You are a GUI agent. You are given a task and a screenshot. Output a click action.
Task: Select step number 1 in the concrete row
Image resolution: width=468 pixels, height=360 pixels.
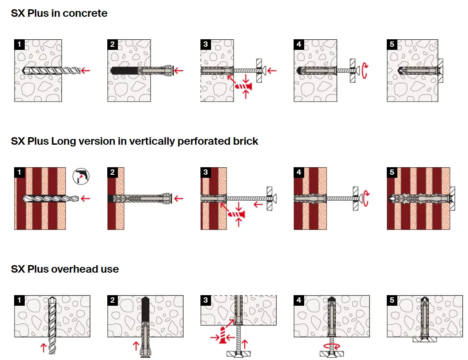[x=19, y=45]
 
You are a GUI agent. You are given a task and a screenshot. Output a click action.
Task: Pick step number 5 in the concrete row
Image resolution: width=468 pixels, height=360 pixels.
[x=392, y=45]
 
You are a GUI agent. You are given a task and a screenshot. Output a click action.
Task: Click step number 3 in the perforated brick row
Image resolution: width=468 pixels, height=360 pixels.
[x=206, y=172]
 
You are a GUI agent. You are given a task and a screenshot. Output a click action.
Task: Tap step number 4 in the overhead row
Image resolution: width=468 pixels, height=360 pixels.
[x=299, y=300]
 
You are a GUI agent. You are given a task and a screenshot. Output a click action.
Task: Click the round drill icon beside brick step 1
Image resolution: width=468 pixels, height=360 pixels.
[x=81, y=176]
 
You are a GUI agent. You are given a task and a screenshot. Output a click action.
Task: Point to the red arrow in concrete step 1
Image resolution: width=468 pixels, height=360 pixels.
[x=86, y=71]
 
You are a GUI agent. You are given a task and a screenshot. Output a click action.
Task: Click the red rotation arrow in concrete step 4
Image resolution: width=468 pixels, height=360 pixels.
[x=364, y=71]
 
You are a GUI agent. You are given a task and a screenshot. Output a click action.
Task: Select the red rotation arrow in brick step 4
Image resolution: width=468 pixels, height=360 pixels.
[x=366, y=199]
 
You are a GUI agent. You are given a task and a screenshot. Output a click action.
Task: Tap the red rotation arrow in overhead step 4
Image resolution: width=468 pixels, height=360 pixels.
[x=332, y=346]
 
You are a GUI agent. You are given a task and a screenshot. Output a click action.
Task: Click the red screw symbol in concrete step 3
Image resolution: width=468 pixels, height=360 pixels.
[x=243, y=86]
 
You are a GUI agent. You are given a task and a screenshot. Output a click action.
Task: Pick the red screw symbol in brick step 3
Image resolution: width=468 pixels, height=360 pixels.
[x=236, y=214]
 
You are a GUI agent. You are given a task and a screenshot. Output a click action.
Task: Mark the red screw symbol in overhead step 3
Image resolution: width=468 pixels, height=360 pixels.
[x=223, y=335]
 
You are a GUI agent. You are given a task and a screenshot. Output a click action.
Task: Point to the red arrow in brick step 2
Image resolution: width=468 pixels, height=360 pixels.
[x=178, y=199]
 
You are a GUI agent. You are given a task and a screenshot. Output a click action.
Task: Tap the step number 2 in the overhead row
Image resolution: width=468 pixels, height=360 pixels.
[x=113, y=300]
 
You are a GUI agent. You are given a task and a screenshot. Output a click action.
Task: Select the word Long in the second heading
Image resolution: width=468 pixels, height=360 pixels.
[x=63, y=141]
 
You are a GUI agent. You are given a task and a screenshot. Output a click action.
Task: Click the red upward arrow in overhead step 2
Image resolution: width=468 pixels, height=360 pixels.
[x=136, y=346]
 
